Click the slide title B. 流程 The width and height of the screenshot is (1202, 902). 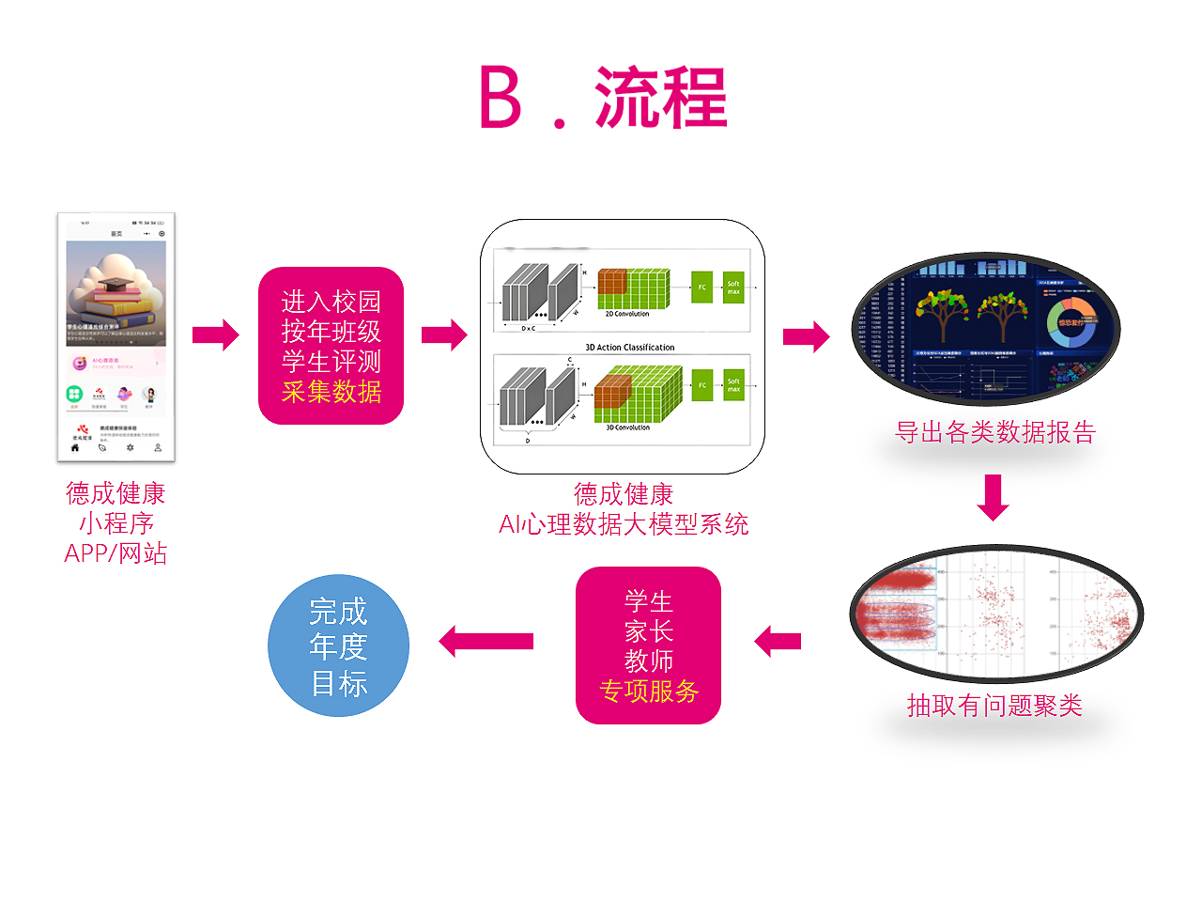click(x=603, y=98)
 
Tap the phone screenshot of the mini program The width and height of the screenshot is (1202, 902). click(x=116, y=337)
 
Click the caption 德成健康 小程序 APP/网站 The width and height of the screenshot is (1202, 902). click(x=116, y=523)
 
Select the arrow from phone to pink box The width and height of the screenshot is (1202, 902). click(x=216, y=334)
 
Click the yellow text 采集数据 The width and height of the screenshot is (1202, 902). click(x=331, y=392)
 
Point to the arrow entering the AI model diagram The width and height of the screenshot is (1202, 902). click(x=444, y=334)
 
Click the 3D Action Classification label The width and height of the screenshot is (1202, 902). click(x=629, y=348)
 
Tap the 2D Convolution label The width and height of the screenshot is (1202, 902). click(x=626, y=314)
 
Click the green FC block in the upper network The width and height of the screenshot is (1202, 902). click(x=701, y=288)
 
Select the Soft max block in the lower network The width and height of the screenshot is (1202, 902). click(x=733, y=385)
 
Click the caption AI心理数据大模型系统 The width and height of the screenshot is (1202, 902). click(x=624, y=524)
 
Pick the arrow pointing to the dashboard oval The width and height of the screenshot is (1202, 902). click(x=806, y=335)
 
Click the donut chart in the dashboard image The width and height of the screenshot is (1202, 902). click(x=1071, y=320)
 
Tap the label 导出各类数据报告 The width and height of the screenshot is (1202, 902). click(x=995, y=432)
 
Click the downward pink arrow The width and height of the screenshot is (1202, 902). click(x=993, y=497)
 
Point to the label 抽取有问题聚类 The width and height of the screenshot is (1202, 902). click(x=994, y=706)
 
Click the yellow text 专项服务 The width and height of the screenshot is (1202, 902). click(x=649, y=692)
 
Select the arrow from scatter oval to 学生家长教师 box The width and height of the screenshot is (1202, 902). click(x=778, y=642)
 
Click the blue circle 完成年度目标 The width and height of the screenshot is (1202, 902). click(x=338, y=646)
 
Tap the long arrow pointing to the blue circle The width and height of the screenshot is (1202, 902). click(x=485, y=642)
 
